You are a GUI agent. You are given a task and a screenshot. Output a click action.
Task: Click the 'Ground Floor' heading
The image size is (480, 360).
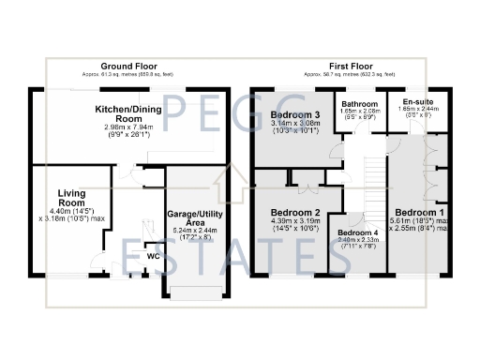point(128,67)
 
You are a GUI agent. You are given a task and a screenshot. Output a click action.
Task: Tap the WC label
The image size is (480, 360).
point(152,254)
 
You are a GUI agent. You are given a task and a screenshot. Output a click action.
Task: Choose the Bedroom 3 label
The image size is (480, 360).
point(295,114)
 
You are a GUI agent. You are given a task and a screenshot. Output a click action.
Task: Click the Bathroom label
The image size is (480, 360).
point(359,104)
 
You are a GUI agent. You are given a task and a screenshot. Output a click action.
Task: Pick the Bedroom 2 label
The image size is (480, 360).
point(295,212)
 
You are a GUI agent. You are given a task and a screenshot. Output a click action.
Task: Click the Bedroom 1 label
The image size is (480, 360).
point(419,212)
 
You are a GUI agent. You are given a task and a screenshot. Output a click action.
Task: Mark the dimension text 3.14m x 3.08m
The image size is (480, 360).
point(295,127)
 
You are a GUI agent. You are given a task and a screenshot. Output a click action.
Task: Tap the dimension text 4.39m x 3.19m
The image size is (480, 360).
point(295,224)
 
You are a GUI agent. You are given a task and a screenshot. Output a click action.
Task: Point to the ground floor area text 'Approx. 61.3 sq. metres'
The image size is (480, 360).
point(128,74)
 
